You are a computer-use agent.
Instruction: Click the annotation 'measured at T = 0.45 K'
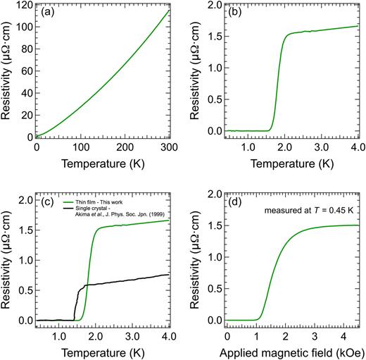coord(310,209)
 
